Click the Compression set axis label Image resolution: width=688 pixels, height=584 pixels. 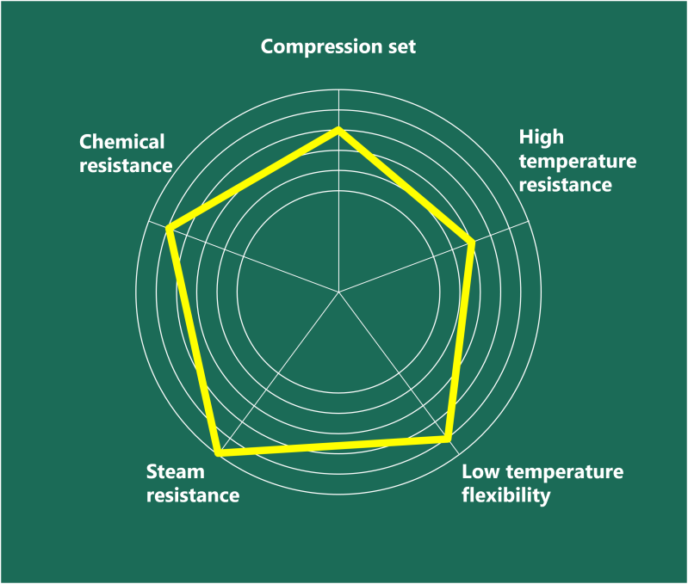[338, 46]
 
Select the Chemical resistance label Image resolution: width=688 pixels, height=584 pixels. [126, 154]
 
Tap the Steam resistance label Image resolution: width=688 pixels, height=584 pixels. [193, 483]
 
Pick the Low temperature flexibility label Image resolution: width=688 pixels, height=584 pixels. [542, 484]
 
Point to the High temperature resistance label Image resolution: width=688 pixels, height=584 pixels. [578, 161]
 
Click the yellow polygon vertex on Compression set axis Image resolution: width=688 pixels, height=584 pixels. [338, 129]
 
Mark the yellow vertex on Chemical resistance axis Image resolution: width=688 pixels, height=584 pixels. [169, 228]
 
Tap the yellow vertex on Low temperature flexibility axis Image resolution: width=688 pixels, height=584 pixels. [447, 439]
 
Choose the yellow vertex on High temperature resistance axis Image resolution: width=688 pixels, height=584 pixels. [472, 243]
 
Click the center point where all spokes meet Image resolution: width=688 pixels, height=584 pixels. [338, 292]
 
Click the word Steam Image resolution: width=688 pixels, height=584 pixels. [175, 472]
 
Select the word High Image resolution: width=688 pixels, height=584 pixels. [541, 138]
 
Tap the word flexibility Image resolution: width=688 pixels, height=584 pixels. [506, 496]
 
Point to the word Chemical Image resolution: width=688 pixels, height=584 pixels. [121, 142]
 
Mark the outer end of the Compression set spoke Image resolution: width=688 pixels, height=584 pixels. [338, 89]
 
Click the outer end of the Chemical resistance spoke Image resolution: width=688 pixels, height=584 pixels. [146, 221]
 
